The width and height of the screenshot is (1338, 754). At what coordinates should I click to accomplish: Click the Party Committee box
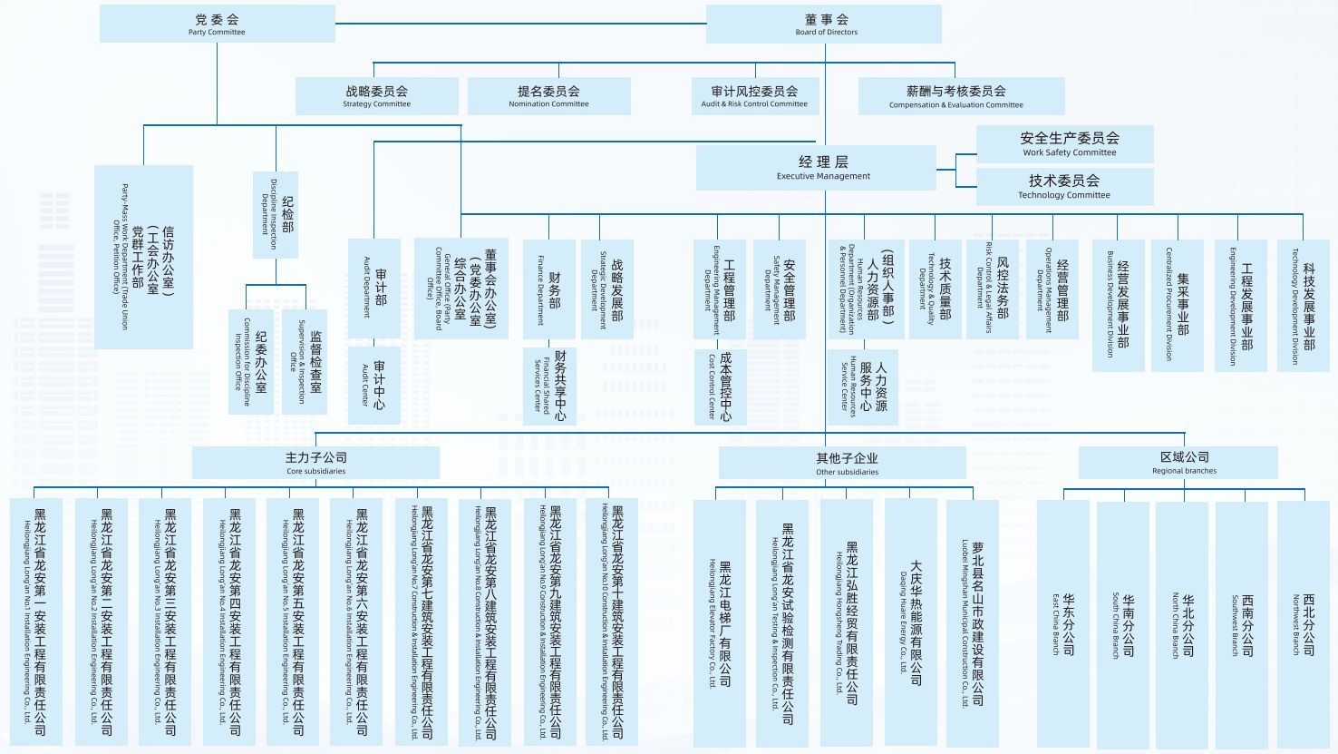pyautogui.click(x=217, y=24)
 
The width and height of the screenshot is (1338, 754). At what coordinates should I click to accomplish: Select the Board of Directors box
pyautogui.click(x=823, y=24)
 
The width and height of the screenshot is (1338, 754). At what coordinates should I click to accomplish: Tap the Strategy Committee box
pyautogui.click(x=376, y=96)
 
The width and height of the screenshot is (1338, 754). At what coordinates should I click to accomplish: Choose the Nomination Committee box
pyautogui.click(x=548, y=96)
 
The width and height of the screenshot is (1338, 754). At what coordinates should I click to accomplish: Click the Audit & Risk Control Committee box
pyautogui.click(x=754, y=96)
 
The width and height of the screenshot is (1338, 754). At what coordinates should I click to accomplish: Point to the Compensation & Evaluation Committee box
pyautogui.click(x=961, y=96)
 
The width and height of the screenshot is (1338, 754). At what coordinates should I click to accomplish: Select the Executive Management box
pyautogui.click(x=816, y=168)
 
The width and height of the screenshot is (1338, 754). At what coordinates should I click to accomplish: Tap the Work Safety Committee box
pyautogui.click(x=1064, y=144)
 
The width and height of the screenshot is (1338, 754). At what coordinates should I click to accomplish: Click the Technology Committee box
pyautogui.click(x=1064, y=186)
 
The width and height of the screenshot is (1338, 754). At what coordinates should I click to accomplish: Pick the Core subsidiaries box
pyautogui.click(x=315, y=463)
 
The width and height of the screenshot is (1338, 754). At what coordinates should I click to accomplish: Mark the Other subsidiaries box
pyautogui.click(x=842, y=463)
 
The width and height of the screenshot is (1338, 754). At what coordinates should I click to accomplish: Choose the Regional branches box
pyautogui.click(x=1178, y=462)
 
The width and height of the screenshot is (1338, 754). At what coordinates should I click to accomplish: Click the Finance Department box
pyautogui.click(x=548, y=289)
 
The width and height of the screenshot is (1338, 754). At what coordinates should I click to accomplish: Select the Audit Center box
pyautogui.click(x=373, y=386)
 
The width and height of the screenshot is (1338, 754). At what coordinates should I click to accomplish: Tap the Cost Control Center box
pyautogui.click(x=720, y=387)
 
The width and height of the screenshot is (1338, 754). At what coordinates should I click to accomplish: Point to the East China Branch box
pyautogui.click(x=1062, y=624)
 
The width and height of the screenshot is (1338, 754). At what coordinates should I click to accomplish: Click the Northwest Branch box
pyautogui.click(x=1303, y=624)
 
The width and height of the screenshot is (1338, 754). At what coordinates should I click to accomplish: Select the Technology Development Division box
pyautogui.click(x=1303, y=305)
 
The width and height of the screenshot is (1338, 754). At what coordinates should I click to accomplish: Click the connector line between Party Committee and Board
pyautogui.click(x=520, y=24)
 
